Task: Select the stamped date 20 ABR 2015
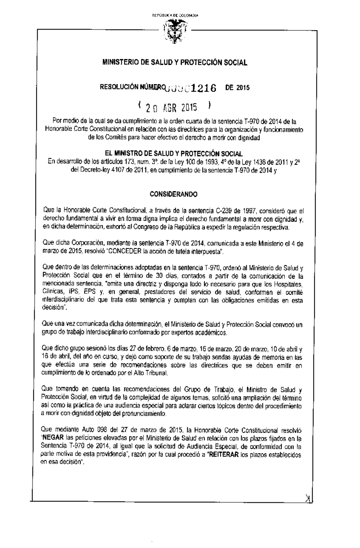tap(171, 107)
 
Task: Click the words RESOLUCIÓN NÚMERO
tap(132, 87)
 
